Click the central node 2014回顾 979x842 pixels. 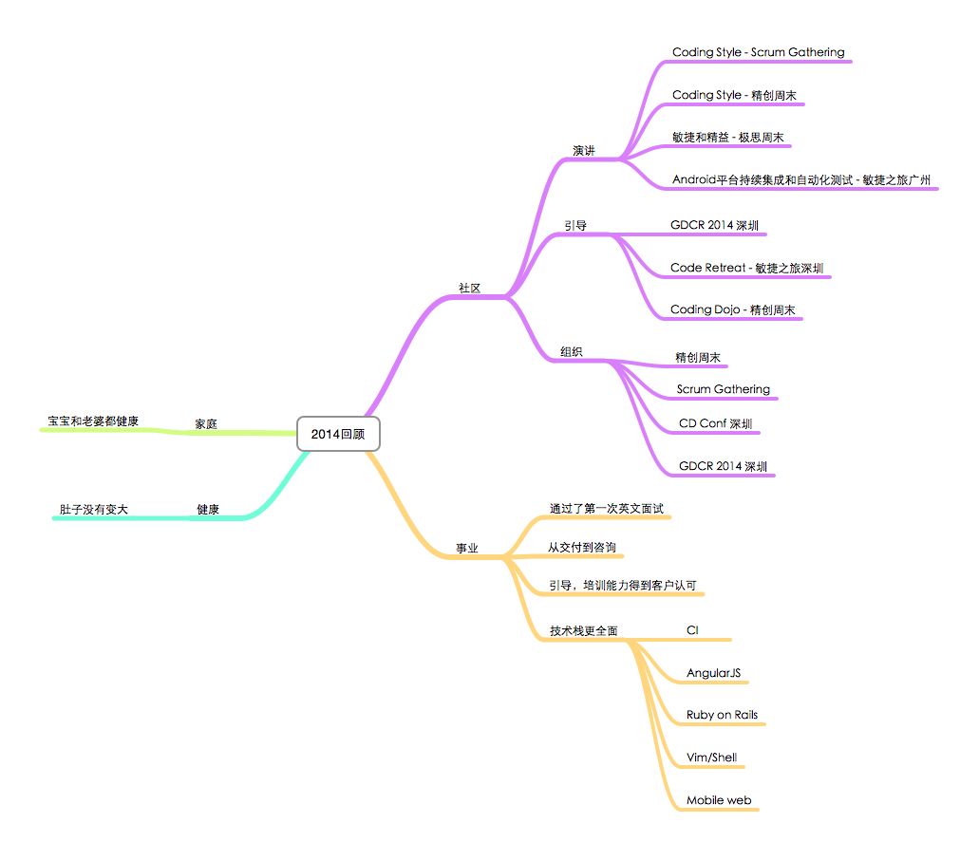[338, 434]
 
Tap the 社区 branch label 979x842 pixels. [469, 288]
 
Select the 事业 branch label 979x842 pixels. [466, 548]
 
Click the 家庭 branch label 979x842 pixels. [206, 423]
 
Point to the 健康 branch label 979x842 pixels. [208, 510]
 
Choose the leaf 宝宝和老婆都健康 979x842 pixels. [93, 421]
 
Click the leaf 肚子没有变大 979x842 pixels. [93, 510]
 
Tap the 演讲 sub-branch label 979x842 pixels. [584, 151]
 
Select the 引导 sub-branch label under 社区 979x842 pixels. [575, 226]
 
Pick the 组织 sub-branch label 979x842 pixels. [572, 352]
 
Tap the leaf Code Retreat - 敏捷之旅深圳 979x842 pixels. [746, 268]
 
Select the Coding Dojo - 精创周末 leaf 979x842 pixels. [732, 309]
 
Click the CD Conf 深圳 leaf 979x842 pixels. [715, 423]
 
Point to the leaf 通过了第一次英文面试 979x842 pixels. [606, 509]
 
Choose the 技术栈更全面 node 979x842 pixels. [583, 630]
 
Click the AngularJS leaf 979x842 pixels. [713, 673]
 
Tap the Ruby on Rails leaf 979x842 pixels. [722, 715]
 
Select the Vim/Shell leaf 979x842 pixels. [711, 758]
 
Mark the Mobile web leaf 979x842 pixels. [719, 800]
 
